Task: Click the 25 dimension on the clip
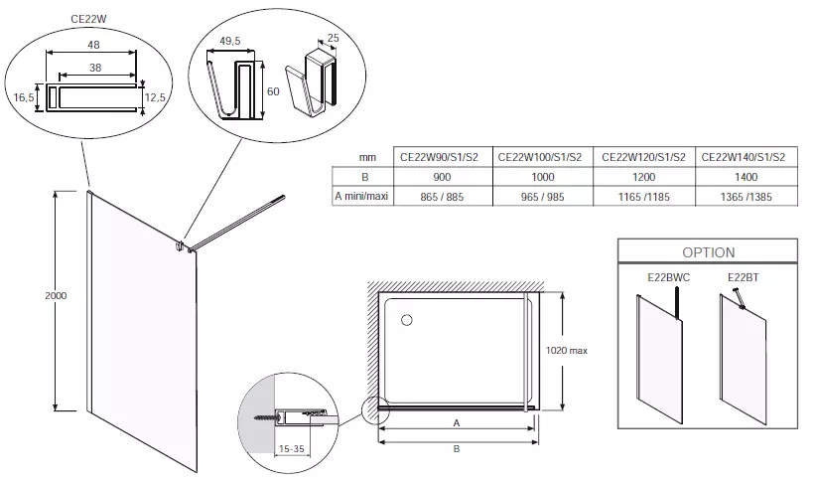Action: click(333, 38)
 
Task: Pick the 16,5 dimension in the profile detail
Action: click(26, 97)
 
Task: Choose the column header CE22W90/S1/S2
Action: click(439, 156)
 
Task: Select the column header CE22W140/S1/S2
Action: click(744, 156)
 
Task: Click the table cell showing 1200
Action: click(641, 176)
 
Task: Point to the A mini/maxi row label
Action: click(361, 197)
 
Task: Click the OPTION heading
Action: click(709, 252)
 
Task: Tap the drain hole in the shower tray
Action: click(406, 319)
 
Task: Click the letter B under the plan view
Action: click(456, 448)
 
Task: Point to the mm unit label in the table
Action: click(367, 157)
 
